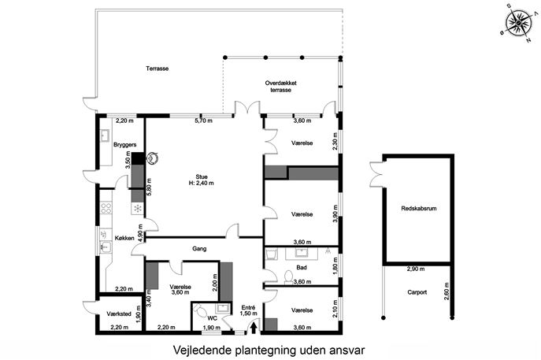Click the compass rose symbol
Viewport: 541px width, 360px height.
519,23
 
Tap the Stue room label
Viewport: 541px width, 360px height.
202,177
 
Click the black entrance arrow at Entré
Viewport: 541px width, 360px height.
254,328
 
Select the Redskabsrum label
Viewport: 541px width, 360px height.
419,209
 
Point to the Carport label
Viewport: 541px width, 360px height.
417,292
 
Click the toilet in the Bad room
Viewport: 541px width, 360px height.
288,276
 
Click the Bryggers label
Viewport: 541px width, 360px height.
125,145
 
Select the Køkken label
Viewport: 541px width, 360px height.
124,238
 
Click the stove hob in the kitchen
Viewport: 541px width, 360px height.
106,208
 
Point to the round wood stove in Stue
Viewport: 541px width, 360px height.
152,158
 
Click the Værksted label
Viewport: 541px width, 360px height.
119,314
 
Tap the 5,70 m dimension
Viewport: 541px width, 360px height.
204,121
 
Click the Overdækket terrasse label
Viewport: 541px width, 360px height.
281,87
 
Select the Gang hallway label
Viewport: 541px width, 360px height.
199,248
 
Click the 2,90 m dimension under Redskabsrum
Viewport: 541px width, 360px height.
416,269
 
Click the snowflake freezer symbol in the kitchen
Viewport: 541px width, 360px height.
138,208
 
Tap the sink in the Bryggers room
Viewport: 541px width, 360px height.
105,135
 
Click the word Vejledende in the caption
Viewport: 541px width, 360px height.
202,351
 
